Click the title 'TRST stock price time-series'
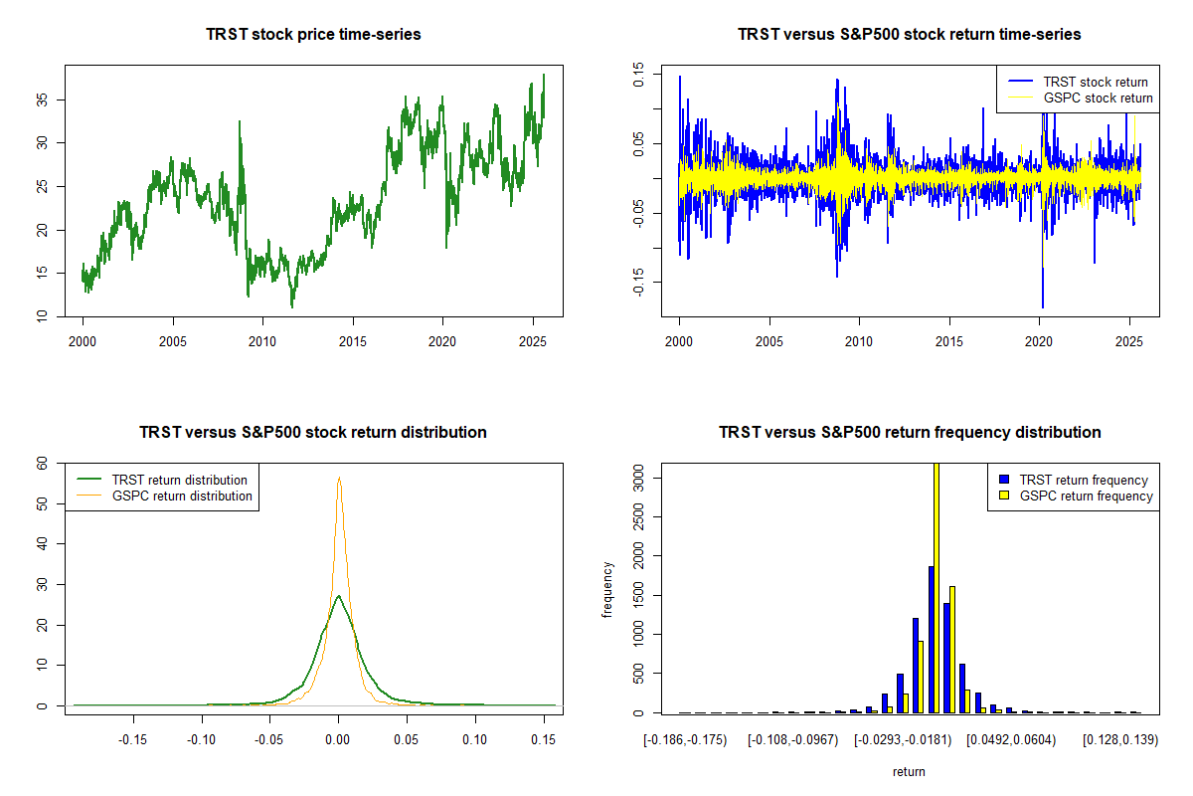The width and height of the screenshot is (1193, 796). tap(313, 35)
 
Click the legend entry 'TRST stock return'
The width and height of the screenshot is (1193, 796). tap(1095, 82)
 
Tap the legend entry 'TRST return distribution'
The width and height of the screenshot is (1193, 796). tap(179, 480)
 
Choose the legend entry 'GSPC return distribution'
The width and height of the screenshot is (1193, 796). tap(182, 496)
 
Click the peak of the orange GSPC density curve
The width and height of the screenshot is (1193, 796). tap(339, 478)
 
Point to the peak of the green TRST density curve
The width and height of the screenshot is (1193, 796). tap(339, 596)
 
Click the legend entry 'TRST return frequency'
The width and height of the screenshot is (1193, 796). tap(1081, 480)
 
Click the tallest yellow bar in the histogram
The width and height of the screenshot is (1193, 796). tap(936, 587)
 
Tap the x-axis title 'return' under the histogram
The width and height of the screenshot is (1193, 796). tap(909, 771)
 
